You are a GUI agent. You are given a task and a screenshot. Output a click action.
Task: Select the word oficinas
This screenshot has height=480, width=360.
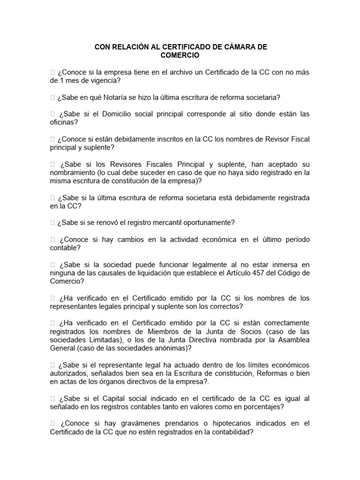64,122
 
